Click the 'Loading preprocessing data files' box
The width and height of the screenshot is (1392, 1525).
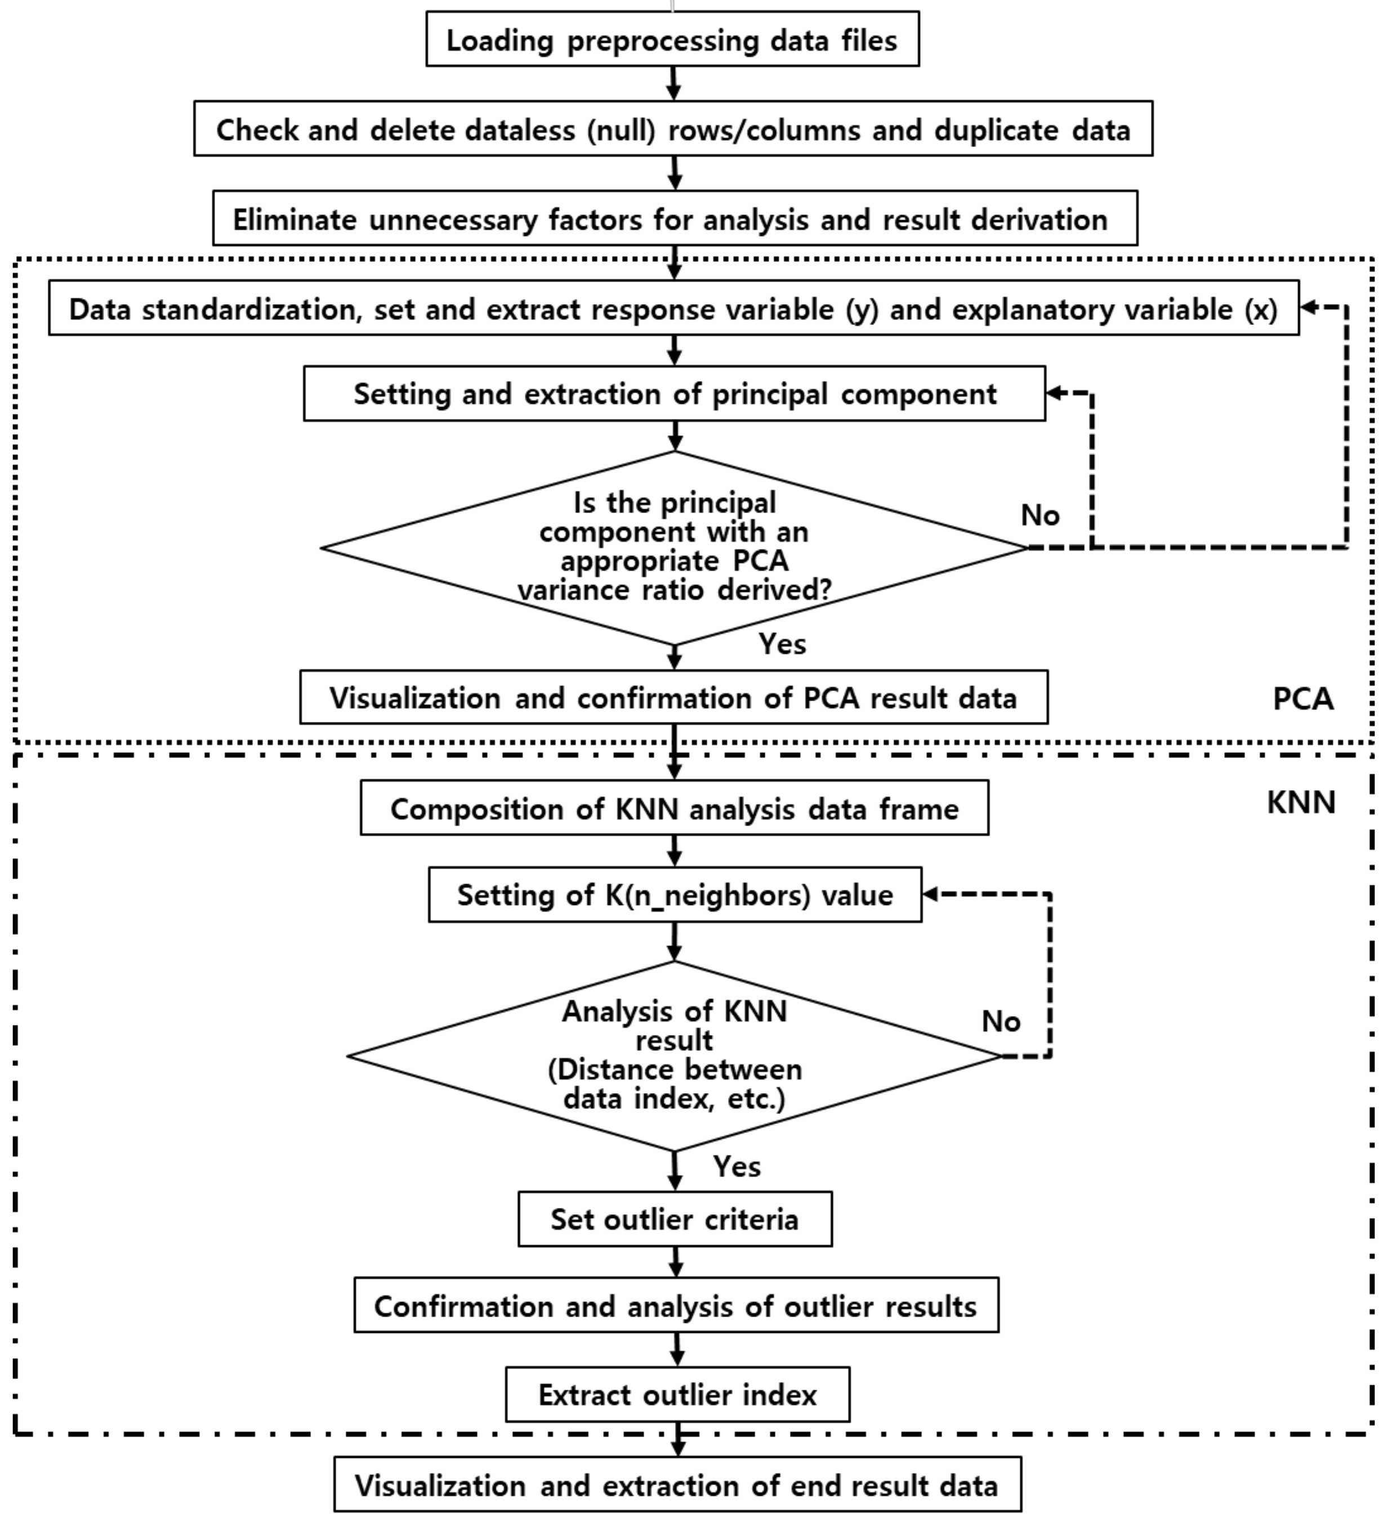pyautogui.click(x=672, y=39)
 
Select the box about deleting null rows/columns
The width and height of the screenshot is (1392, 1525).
pyautogui.click(x=672, y=128)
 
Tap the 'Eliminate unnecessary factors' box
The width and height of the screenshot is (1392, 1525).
pyautogui.click(x=674, y=218)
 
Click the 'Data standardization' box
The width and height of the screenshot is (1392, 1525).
pyautogui.click(x=672, y=308)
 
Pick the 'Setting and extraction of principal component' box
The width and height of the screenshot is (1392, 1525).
pyautogui.click(x=674, y=393)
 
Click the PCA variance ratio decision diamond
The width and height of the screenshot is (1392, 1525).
pyautogui.click(x=673, y=548)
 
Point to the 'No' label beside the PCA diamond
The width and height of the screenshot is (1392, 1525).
pyautogui.click(x=1039, y=516)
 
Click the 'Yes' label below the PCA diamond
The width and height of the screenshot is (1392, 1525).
pyautogui.click(x=782, y=644)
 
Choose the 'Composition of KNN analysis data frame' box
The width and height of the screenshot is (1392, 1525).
pyautogui.click(x=674, y=809)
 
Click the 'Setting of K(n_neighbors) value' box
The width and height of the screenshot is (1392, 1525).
pyautogui.click(x=675, y=895)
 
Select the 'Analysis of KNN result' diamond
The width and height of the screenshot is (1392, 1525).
pyautogui.click(x=673, y=1056)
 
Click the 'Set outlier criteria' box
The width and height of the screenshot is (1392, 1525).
pyautogui.click(x=674, y=1219)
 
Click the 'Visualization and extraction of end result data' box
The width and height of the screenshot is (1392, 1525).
pyautogui.click(x=677, y=1486)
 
